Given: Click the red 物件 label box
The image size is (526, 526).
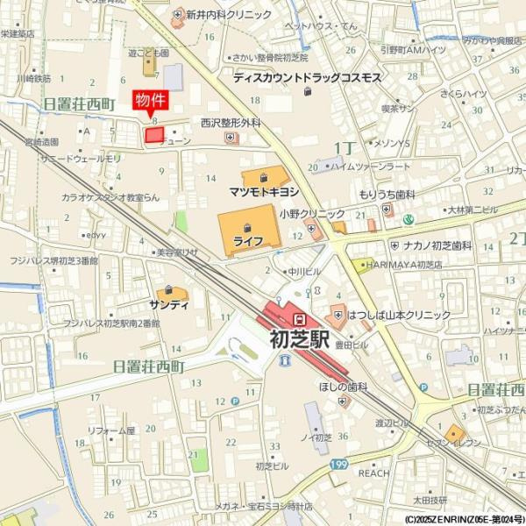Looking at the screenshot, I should (x=149, y=100).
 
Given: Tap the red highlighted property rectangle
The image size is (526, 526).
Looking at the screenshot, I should (x=154, y=135).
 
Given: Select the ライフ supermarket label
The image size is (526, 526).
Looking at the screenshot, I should (x=248, y=239).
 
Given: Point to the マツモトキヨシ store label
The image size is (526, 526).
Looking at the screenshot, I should (x=264, y=189).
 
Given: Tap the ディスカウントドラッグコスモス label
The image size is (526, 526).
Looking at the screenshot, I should (x=307, y=78).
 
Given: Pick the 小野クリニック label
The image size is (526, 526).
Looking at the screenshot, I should (x=312, y=214).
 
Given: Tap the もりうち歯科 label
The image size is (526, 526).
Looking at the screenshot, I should (x=387, y=195).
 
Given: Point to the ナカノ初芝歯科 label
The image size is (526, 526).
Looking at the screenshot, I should (x=444, y=246).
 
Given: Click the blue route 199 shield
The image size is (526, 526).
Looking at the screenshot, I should (x=340, y=464).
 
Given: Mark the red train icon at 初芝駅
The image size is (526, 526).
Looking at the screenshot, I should (x=300, y=318).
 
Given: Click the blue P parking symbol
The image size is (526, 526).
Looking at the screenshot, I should (x=235, y=402).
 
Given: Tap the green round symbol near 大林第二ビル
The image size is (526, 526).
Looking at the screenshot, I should (x=409, y=218).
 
